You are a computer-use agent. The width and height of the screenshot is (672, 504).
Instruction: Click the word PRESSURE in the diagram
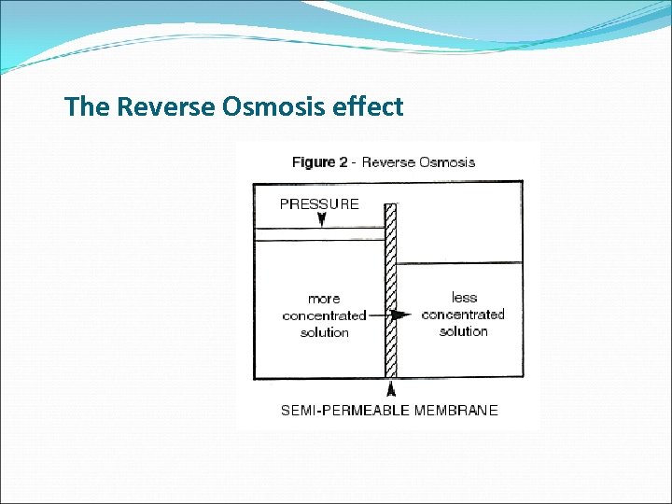click(318, 203)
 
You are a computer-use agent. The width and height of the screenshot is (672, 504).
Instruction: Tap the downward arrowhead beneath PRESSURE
click(321, 220)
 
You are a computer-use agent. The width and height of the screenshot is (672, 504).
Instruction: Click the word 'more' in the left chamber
click(324, 299)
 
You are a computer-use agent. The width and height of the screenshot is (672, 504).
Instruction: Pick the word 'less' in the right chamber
click(464, 298)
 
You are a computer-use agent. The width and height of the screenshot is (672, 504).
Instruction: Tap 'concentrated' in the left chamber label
click(324, 315)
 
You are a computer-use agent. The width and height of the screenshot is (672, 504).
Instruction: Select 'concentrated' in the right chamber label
click(463, 315)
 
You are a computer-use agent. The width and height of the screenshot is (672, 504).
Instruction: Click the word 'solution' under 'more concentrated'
click(324, 332)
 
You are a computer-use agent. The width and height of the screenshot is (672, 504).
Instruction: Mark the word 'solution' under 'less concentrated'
click(463, 331)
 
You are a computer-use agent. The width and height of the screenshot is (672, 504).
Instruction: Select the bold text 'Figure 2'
click(319, 162)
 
